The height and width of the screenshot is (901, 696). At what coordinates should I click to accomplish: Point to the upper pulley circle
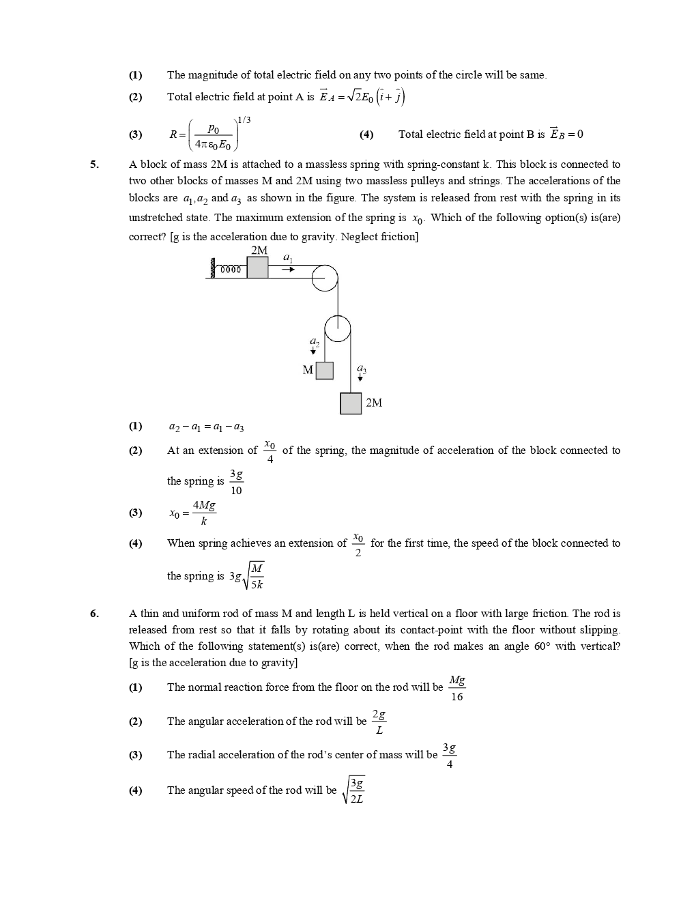click(x=325, y=278)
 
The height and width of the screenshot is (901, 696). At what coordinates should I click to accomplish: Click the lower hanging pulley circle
click(x=337, y=329)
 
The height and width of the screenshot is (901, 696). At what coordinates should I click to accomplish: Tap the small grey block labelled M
click(x=324, y=370)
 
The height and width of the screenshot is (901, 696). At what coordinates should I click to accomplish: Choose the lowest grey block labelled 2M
click(x=351, y=403)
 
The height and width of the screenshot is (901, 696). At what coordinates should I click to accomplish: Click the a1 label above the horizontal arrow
click(x=288, y=257)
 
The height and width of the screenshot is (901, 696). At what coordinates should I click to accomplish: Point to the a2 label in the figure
click(x=314, y=341)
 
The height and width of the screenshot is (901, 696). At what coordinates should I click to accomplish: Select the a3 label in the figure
click(x=361, y=369)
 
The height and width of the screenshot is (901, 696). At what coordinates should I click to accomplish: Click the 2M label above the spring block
click(x=259, y=251)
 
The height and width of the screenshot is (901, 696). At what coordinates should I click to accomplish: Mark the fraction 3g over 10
click(x=236, y=482)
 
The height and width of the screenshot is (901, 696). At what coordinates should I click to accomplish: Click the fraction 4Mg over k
click(x=204, y=513)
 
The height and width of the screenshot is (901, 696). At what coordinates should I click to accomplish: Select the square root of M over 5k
click(x=255, y=576)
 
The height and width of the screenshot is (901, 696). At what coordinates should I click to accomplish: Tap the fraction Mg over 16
click(x=457, y=688)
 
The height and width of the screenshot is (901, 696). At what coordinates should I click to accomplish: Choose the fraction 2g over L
click(x=379, y=722)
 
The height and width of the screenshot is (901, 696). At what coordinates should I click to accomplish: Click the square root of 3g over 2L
click(x=356, y=790)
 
